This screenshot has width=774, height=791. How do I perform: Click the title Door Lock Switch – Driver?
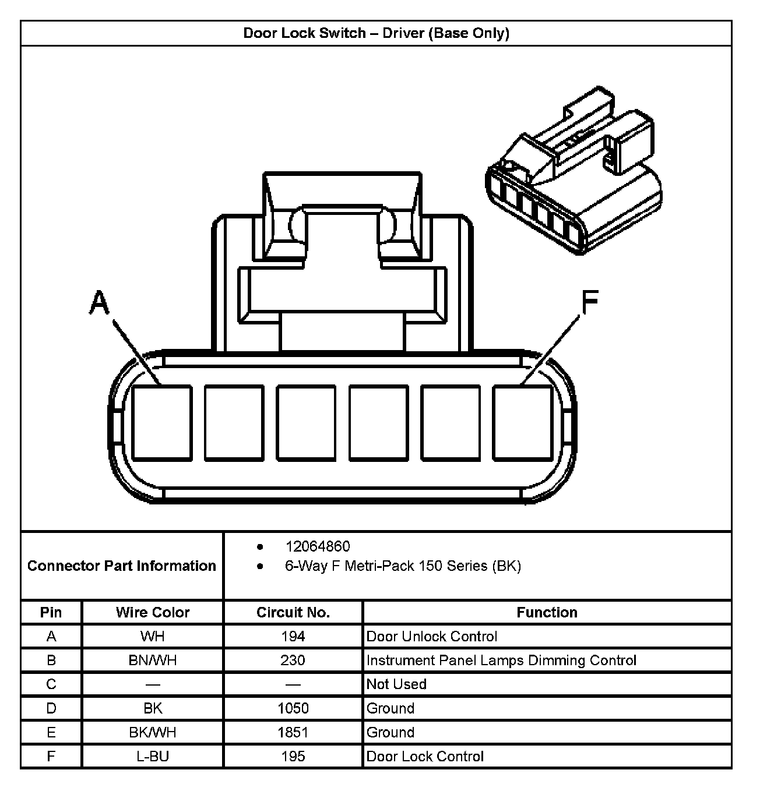(x=376, y=33)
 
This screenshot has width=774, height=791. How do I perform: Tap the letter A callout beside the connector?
(x=100, y=303)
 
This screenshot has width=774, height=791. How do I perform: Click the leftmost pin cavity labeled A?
(x=162, y=423)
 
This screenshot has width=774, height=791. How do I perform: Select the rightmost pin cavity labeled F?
(x=522, y=423)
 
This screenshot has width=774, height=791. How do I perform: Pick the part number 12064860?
(x=318, y=546)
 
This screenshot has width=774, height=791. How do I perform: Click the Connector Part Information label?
(x=122, y=566)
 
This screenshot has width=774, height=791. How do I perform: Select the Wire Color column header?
(x=153, y=612)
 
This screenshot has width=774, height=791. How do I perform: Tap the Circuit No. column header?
(x=293, y=612)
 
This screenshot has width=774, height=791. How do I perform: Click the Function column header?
(x=547, y=612)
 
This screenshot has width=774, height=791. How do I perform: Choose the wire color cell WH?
(x=153, y=636)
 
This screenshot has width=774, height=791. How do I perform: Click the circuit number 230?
(x=293, y=660)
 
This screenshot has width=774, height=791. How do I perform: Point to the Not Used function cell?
(x=396, y=684)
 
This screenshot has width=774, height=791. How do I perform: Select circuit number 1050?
(x=293, y=708)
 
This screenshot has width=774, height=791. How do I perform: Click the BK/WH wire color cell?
(x=153, y=732)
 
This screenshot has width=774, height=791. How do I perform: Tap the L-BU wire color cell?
(x=153, y=756)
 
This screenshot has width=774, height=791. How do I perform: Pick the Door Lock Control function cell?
(x=425, y=756)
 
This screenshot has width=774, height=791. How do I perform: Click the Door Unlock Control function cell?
(x=432, y=636)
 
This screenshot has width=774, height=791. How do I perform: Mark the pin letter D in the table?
(x=51, y=708)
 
